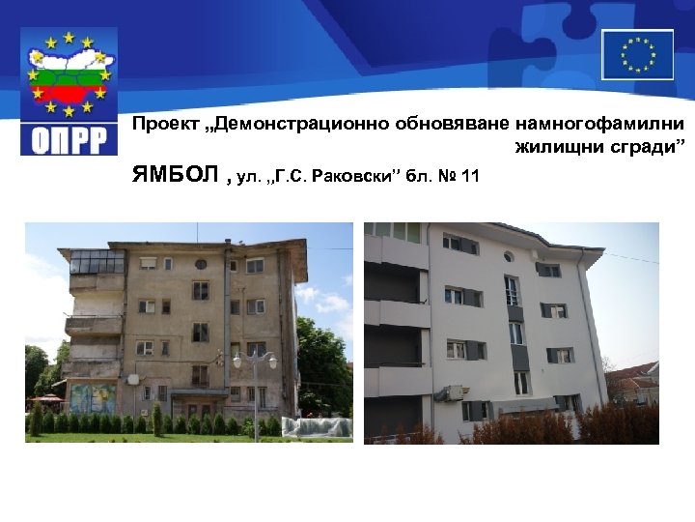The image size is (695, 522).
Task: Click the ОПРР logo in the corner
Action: [69, 91]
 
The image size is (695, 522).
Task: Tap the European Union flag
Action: [637, 54]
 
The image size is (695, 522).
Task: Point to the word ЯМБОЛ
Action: [176, 176]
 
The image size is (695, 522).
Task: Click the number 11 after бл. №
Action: [469, 177]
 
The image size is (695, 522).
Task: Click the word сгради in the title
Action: [655, 147]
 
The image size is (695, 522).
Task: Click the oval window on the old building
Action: [201, 263]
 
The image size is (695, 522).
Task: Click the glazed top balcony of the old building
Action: [97, 262]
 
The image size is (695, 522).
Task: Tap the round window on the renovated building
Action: [509, 257]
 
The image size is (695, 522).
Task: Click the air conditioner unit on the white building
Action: [450, 392]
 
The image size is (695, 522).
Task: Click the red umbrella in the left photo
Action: [46, 397]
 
